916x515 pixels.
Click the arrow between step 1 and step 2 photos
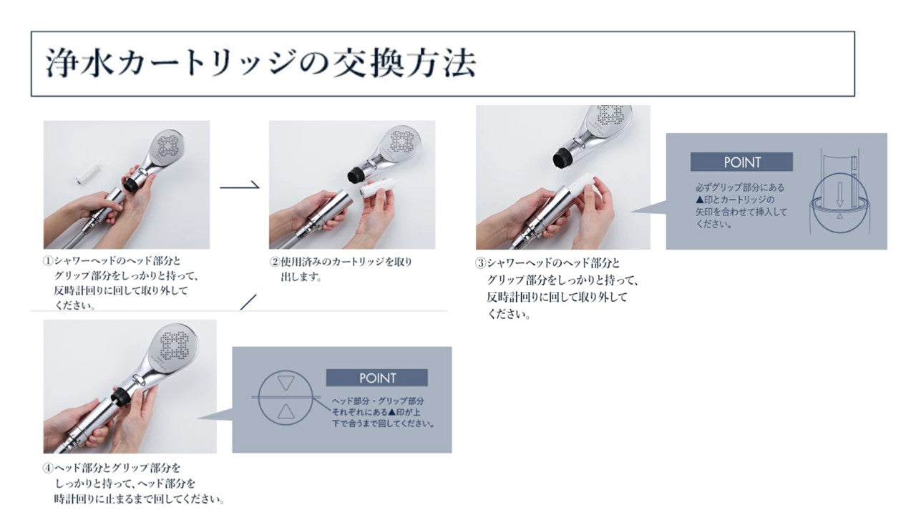[x=240, y=187]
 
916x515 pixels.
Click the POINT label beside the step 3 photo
[x=742, y=162]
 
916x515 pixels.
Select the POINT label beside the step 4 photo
[x=377, y=378]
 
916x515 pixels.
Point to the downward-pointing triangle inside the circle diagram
[x=286, y=383]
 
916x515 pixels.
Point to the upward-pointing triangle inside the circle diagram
[x=286, y=411]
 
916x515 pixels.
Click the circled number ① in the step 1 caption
[x=48, y=261]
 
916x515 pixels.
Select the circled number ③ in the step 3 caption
[x=480, y=263]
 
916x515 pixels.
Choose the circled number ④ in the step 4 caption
[x=48, y=468]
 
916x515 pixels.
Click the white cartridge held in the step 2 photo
[x=374, y=190]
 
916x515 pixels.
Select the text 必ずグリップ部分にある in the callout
[x=740, y=187]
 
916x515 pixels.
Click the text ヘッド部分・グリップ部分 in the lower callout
[x=378, y=401]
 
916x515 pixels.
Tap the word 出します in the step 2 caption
[x=299, y=277]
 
